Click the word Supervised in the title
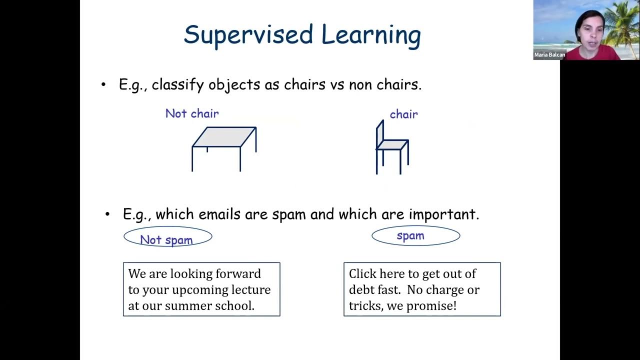(248, 35)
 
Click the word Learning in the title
(370, 35)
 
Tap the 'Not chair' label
(192, 113)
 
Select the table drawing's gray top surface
(224, 136)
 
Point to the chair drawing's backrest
(380, 132)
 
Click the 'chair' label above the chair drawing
(403, 114)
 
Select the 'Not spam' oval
(167, 237)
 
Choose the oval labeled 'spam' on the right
(415, 235)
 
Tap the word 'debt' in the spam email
(361, 290)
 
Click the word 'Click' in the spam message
(362, 274)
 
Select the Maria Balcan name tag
(549, 55)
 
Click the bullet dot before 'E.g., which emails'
(107, 214)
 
